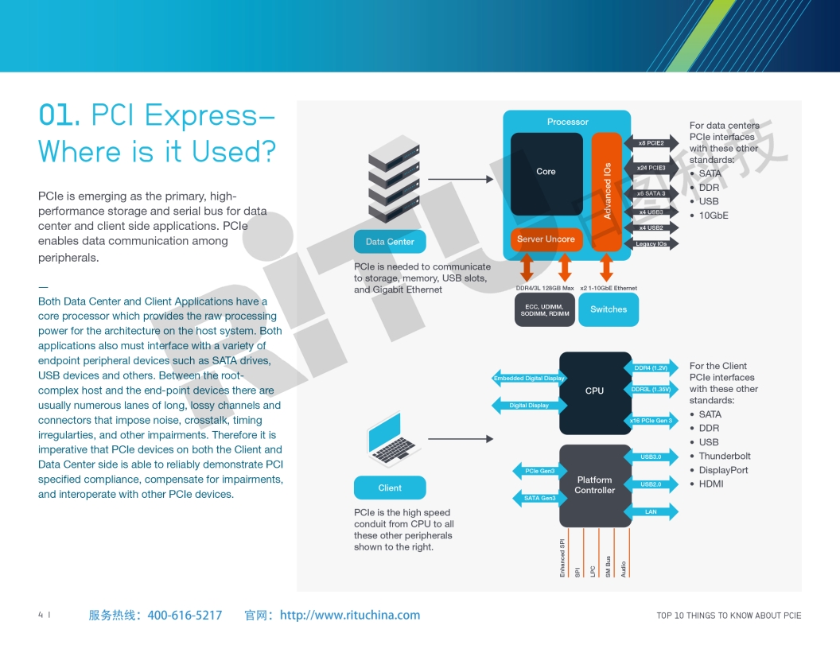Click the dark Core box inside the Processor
(546, 173)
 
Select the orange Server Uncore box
(546, 239)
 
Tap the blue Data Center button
(390, 242)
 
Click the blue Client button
(390, 488)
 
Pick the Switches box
(609, 309)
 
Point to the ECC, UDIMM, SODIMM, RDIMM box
(544, 310)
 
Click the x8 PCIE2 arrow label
(651, 143)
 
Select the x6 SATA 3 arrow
(651, 193)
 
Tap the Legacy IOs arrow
(651, 243)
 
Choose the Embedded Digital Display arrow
(529, 379)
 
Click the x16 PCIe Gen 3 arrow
(651, 420)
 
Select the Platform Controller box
(595, 485)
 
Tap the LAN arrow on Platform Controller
(651, 511)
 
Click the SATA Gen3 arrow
(539, 498)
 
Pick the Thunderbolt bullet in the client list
(724, 457)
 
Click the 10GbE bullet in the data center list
(713, 216)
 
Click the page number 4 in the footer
(41, 615)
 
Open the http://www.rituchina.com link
(350, 615)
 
